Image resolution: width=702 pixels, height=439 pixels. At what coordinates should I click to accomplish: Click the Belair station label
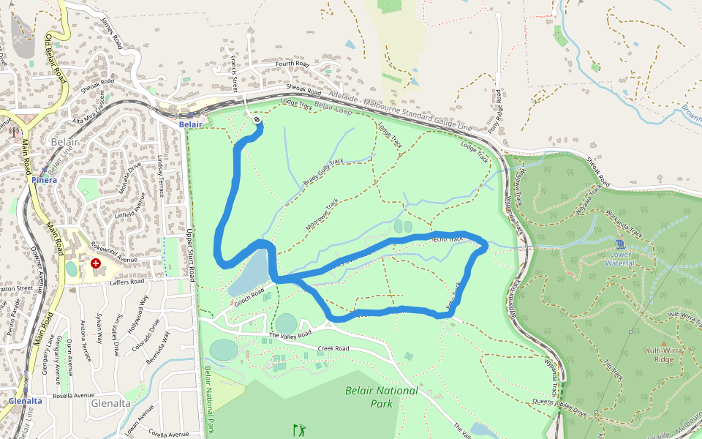click(190, 125)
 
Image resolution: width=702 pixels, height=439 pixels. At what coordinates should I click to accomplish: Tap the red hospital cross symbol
click(96, 263)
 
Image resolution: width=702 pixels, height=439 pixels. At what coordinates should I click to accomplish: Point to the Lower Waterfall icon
click(620, 244)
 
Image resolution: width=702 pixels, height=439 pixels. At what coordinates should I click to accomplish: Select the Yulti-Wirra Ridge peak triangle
click(663, 343)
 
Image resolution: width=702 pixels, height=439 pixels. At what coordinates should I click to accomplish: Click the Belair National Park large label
click(382, 397)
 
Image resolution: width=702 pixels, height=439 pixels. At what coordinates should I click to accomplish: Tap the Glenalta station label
click(25, 401)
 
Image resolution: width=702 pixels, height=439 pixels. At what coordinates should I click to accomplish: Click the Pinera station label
click(44, 179)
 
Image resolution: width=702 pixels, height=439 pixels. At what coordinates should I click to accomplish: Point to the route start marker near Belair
click(257, 120)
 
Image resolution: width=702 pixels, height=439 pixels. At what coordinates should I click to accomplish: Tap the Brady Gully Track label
click(324, 172)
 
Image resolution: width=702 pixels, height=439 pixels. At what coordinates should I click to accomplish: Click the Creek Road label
click(333, 348)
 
